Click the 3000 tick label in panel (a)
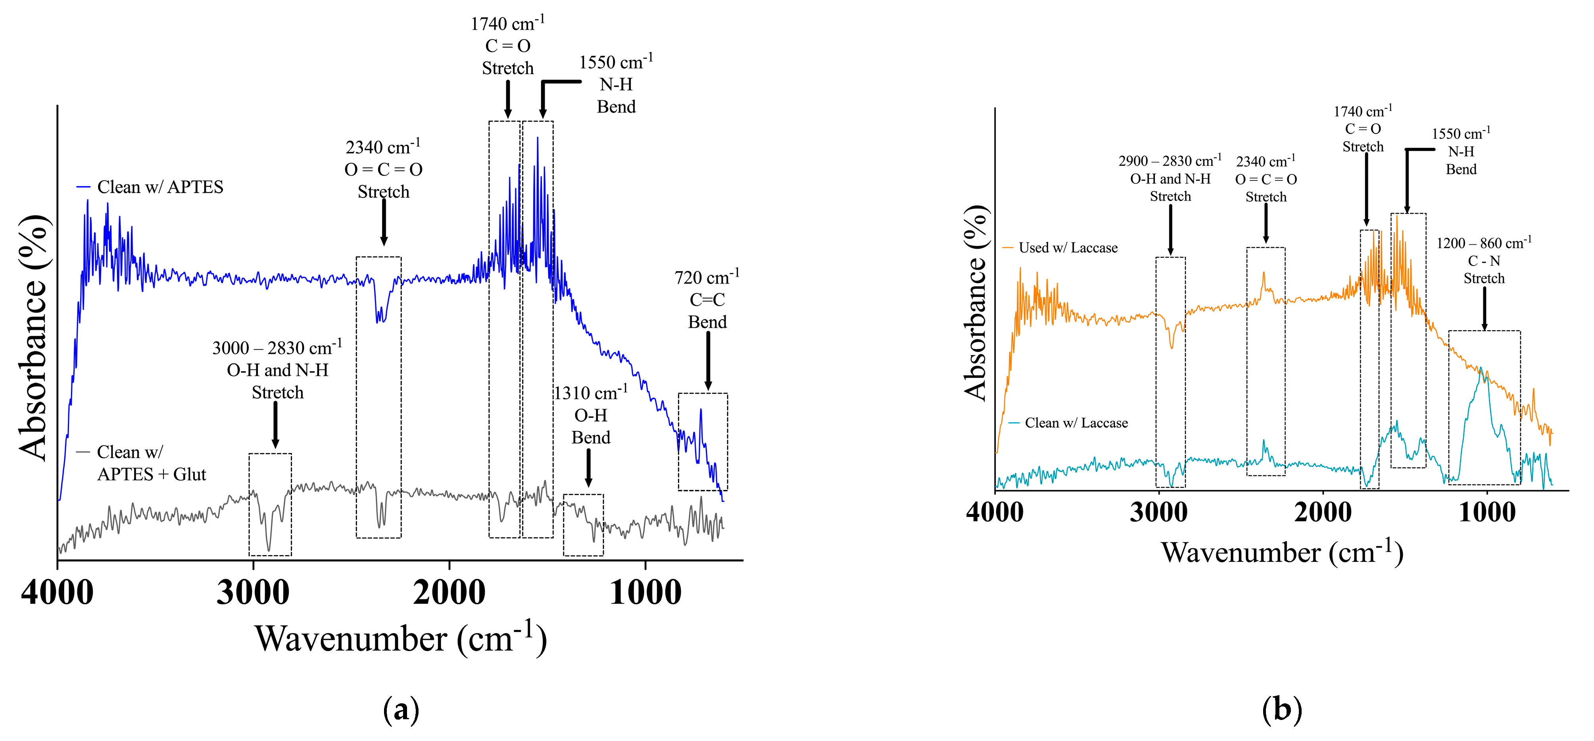click(x=252, y=593)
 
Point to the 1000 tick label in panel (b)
click(x=1486, y=513)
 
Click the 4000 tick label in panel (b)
click(x=995, y=513)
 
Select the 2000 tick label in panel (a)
click(x=449, y=593)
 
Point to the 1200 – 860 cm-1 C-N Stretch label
click(x=1483, y=260)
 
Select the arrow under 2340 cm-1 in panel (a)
click(x=384, y=222)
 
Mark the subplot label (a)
click(x=401, y=709)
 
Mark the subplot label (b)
click(x=1281, y=709)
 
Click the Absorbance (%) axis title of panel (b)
click(x=976, y=303)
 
